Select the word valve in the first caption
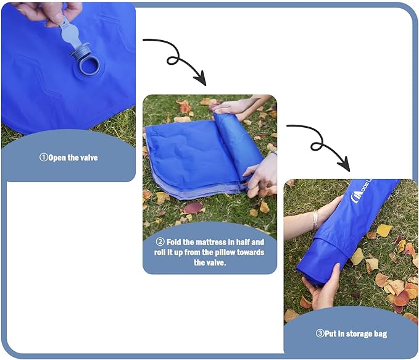coord(87,158)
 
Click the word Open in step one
coord(56,158)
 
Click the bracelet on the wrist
coord(315,219)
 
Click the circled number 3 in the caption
coord(320,334)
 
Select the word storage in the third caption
coord(359,334)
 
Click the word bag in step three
coord(381,334)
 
